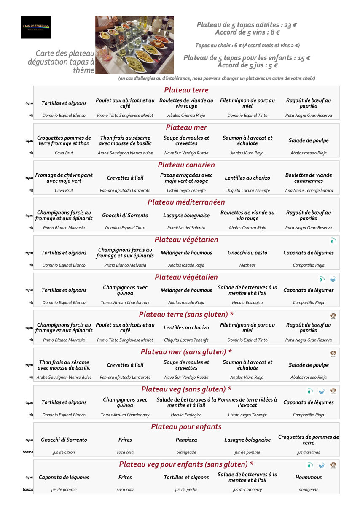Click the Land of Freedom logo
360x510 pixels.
point(36,27)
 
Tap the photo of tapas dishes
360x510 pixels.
point(134,45)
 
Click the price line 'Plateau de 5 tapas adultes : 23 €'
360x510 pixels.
point(247,25)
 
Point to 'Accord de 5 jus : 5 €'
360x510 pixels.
point(247,65)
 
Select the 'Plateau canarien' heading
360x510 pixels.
point(186,165)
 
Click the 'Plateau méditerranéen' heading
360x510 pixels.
point(186,202)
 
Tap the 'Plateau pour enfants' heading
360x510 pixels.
point(186,427)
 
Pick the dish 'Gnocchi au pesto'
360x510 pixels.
point(247,253)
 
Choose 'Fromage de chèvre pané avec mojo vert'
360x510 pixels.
point(64,178)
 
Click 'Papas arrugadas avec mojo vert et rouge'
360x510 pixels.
point(186,178)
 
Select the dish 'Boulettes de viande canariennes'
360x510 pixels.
point(309,178)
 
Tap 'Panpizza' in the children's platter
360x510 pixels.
point(186,440)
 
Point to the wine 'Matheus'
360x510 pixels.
point(247,265)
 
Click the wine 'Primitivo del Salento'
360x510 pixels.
point(186,228)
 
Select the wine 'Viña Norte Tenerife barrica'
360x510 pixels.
point(309,191)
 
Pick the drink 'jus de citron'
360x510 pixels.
point(64,452)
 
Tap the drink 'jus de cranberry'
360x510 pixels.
point(247,490)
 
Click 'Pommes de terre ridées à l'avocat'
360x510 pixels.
point(247,402)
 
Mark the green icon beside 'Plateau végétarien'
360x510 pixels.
point(333,241)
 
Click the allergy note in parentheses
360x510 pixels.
point(217,78)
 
